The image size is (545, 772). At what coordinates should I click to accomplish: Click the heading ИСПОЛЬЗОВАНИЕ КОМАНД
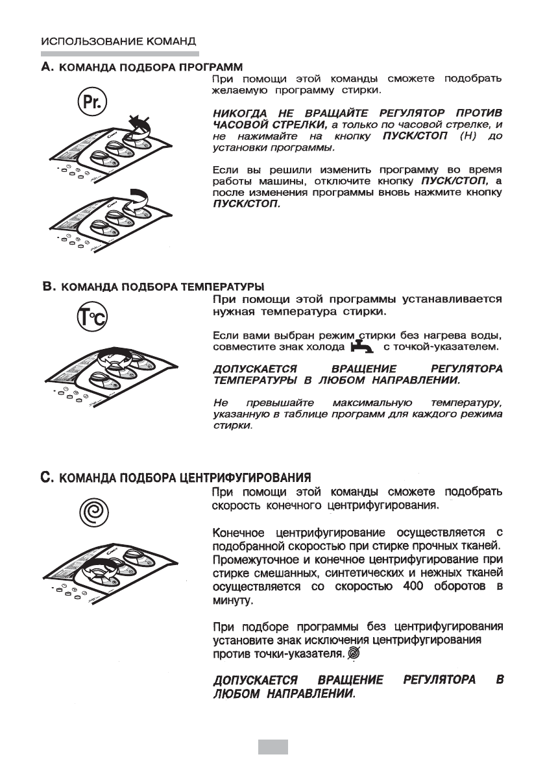(119, 40)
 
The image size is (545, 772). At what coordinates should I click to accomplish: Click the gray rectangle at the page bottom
(272, 748)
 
